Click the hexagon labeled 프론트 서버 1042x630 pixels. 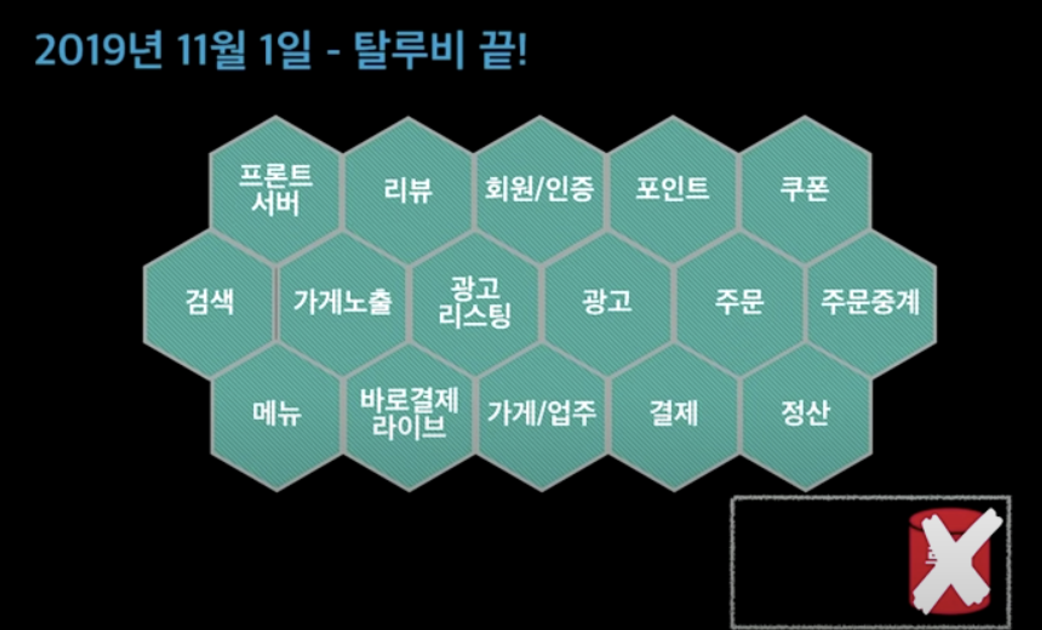pos(276,190)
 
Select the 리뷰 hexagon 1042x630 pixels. pos(408,190)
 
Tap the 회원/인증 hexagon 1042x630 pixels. pos(540,190)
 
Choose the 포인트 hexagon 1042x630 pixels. pos(672,190)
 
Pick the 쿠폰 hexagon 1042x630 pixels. pos(805,190)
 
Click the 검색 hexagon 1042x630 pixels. pos(209,302)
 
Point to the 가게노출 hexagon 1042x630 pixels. pos(342,302)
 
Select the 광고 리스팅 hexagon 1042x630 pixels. pos(475,302)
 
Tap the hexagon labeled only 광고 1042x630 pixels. pos(607,302)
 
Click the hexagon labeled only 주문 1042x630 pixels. pos(739,302)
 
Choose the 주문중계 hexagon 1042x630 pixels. pos(871,302)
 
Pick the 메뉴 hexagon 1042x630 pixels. pos(277,414)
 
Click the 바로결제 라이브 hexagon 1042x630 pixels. pos(409,414)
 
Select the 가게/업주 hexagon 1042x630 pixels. pos(542,414)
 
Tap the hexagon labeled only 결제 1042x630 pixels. pos(674,414)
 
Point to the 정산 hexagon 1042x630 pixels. pos(805,414)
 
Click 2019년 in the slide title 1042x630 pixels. pos(99,51)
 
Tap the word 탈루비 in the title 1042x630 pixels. pos(408,51)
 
